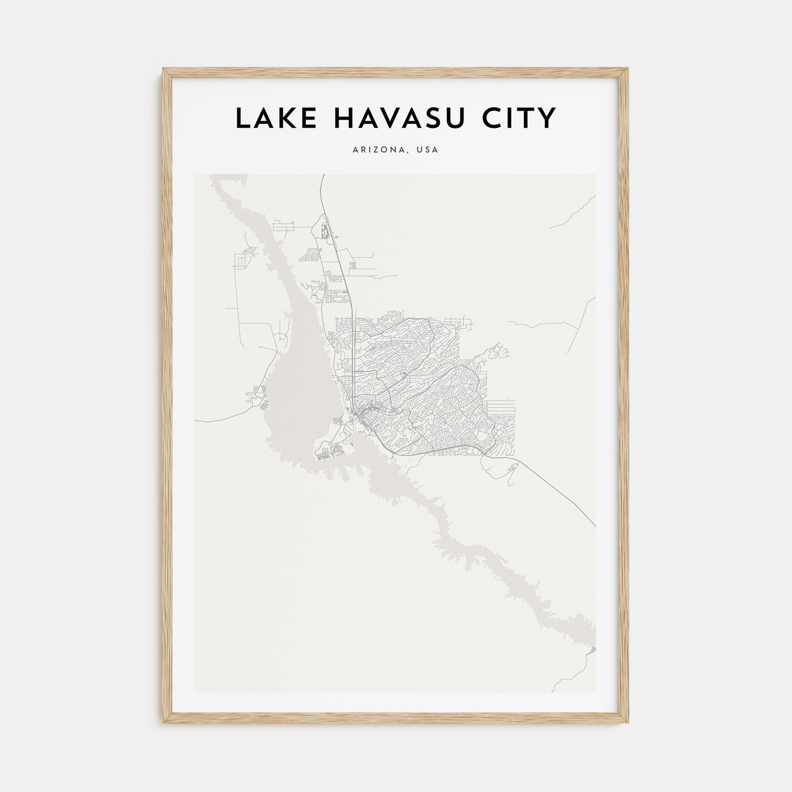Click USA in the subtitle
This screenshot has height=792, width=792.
[428, 150]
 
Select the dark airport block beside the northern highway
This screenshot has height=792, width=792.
[325, 231]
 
